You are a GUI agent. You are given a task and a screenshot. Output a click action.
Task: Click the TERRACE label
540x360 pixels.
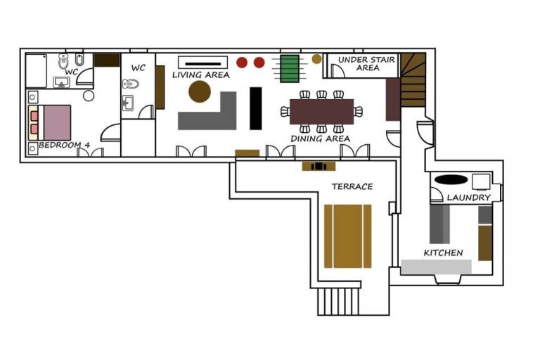pos(352,187)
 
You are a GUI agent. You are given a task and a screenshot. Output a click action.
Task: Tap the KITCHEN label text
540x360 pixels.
pos(443,253)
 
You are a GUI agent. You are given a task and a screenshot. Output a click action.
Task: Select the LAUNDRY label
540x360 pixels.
pos(469,198)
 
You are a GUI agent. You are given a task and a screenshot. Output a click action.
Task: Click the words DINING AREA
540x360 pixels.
pos(321,139)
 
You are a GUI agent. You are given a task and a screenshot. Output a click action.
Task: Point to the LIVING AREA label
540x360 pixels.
pos(201,75)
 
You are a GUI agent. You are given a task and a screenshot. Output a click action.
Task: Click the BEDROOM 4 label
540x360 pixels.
pos(65,145)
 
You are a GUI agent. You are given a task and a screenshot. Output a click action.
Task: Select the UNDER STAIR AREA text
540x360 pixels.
pos(366,64)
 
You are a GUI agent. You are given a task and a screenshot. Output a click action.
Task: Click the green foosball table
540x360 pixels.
pos(289,69)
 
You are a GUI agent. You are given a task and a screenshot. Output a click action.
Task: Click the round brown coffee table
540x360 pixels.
pos(200,91)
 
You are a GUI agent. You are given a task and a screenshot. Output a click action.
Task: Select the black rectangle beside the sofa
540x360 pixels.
pos(255,108)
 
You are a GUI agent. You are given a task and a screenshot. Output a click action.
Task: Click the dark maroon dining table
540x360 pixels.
pos(321,112)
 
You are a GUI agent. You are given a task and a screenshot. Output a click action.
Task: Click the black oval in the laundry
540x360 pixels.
pos(451,179)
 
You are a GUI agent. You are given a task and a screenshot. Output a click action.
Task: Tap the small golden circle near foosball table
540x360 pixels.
pos(317,59)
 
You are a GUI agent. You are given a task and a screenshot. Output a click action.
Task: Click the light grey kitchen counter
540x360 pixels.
pos(436,267)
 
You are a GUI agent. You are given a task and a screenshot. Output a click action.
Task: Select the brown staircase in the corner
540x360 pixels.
pos(413,80)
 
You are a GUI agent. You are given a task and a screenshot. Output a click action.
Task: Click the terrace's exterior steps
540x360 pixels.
pos(338,302)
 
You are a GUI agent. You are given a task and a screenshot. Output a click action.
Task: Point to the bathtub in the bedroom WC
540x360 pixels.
pos(36,71)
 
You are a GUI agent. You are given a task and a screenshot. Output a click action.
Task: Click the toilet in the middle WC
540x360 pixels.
pos(131,84)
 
